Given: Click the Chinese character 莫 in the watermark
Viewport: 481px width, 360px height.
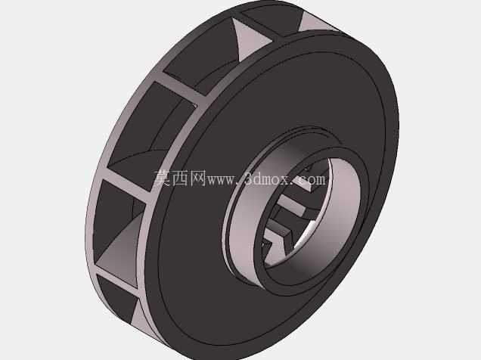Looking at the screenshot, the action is [163, 178].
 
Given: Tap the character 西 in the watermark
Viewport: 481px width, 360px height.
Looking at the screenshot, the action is [180, 178].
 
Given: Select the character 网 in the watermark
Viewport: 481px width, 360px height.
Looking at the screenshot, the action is [198, 178].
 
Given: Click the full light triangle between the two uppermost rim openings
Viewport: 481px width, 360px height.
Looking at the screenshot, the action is [249, 39].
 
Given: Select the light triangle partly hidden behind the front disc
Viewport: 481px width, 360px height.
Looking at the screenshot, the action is [316, 23].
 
